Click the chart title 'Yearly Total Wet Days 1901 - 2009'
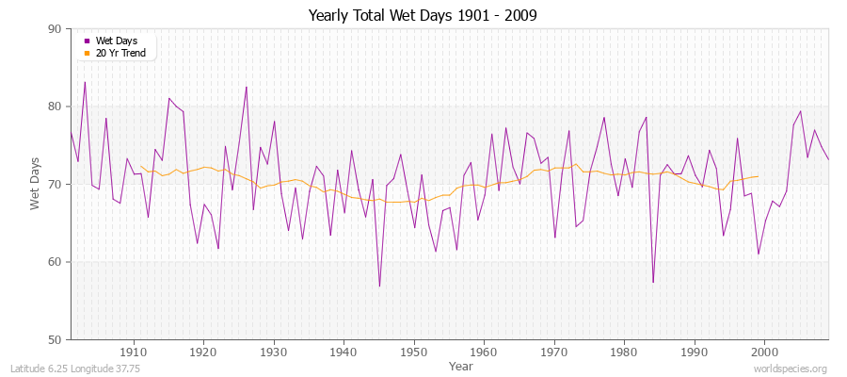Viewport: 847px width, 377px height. coord(423,16)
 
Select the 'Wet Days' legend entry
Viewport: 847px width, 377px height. coord(114,41)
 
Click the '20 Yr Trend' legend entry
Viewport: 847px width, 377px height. coord(119,53)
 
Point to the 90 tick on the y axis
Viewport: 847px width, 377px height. coord(54,29)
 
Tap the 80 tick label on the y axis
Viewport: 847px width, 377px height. coord(54,107)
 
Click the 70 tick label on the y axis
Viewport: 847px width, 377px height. coord(54,185)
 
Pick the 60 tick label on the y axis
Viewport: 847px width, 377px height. coord(54,262)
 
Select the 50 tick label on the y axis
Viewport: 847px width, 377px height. coord(54,339)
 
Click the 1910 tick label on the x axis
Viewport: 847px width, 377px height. coord(134,352)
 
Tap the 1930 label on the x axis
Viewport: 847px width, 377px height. coord(274,352)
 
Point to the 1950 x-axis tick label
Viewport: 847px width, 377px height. coord(414,352)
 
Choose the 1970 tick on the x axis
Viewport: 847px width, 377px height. coord(554,352)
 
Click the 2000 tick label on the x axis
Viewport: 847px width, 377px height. coord(764,352)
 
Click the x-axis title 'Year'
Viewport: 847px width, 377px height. coord(461,365)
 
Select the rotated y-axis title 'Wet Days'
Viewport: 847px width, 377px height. coord(36,185)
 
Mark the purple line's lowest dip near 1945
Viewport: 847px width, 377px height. coord(379,287)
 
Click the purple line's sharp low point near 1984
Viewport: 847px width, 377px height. coord(652,283)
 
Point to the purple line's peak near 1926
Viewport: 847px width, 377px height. coord(247,87)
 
